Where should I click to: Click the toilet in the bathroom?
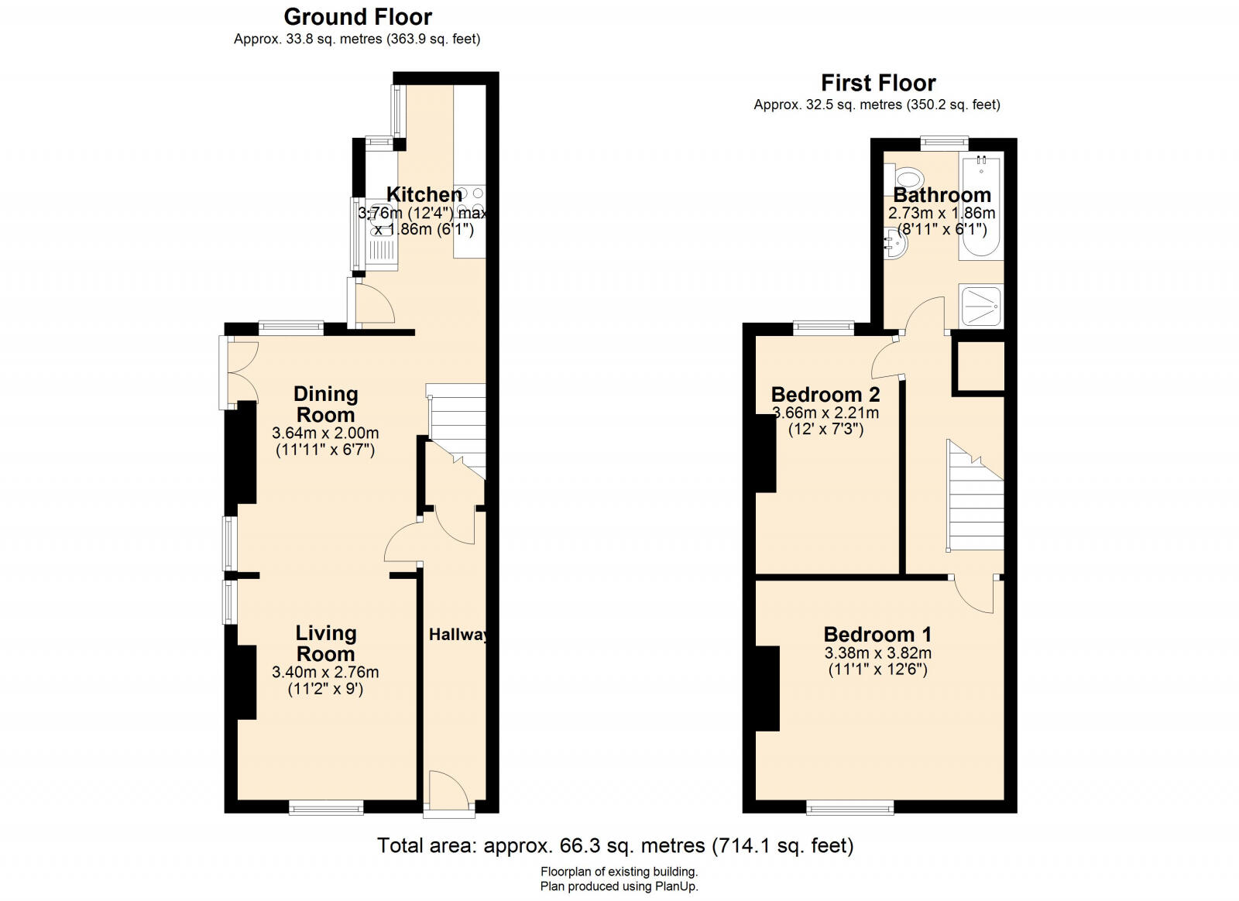[x=905, y=178]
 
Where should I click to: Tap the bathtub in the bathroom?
[x=981, y=208]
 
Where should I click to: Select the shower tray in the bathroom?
[x=981, y=305]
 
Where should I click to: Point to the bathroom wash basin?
[x=894, y=242]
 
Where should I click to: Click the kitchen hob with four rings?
[x=469, y=200]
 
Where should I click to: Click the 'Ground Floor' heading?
[x=358, y=17]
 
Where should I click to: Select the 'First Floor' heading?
[x=878, y=84]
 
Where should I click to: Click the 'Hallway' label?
[x=458, y=635]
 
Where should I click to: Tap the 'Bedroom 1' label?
[x=878, y=634]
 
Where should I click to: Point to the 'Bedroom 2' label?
[x=825, y=395]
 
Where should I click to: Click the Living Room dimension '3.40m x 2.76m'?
[x=325, y=672]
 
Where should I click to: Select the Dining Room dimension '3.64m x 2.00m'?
[x=325, y=433]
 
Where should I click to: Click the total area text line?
[x=616, y=846]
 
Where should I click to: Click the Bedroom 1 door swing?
[x=975, y=594]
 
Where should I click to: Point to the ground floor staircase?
[x=456, y=431]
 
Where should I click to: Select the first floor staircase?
[x=976, y=495]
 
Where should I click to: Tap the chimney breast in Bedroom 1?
[x=767, y=689]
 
